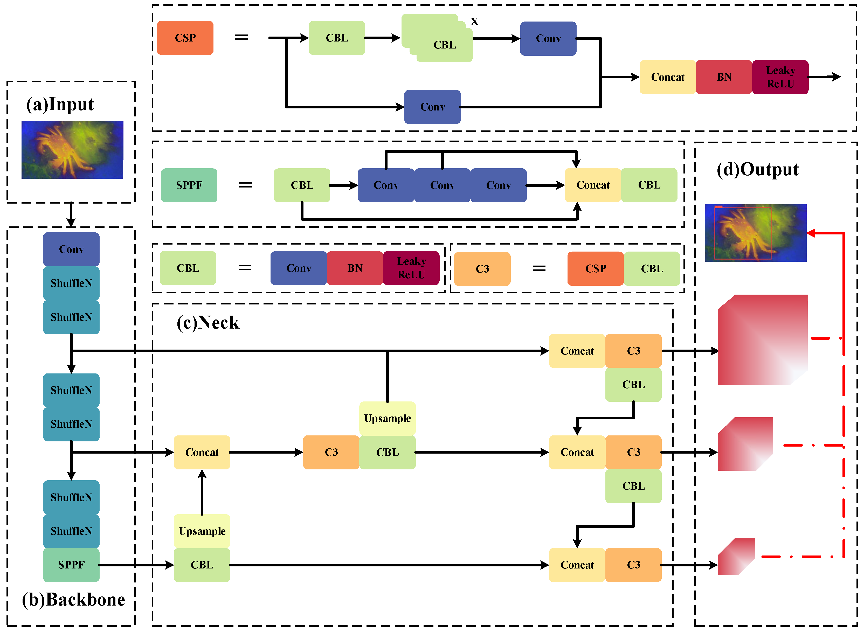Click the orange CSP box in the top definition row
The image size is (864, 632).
click(x=185, y=38)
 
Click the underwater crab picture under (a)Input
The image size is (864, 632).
click(x=72, y=150)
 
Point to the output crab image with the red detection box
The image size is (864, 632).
click(x=756, y=233)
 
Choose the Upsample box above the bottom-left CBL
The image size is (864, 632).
click(x=202, y=531)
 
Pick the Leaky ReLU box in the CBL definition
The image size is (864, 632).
click(x=411, y=268)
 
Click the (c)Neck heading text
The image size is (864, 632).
click(x=208, y=323)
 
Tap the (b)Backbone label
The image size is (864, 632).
click(x=73, y=600)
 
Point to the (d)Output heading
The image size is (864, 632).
click(x=758, y=170)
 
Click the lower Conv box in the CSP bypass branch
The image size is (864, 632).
click(x=433, y=107)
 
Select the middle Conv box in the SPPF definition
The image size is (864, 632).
click(x=442, y=185)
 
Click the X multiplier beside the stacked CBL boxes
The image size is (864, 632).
click(x=474, y=22)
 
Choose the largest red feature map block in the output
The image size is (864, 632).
click(x=763, y=340)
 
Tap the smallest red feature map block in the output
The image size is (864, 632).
click(x=736, y=557)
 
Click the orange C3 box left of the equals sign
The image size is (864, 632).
click(x=482, y=269)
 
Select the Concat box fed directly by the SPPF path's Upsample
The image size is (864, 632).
click(x=202, y=453)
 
